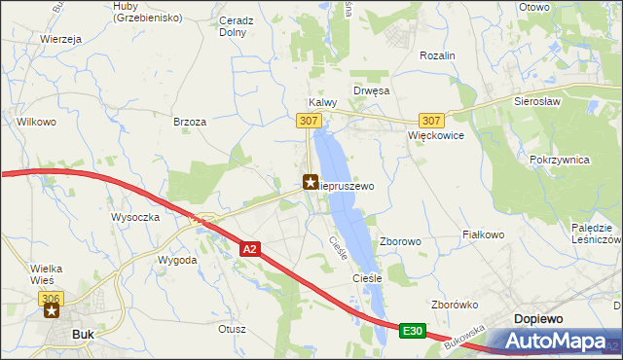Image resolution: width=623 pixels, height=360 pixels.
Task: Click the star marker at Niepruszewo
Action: (x=311, y=181)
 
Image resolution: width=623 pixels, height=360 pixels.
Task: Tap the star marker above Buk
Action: (x=52, y=311)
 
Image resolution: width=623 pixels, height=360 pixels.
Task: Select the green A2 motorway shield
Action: (x=249, y=250)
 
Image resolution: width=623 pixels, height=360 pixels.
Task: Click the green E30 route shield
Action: (x=412, y=333)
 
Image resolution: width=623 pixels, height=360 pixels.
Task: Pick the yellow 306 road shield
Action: (x=52, y=296)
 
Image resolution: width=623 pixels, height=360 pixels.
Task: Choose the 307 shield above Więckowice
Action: (x=433, y=121)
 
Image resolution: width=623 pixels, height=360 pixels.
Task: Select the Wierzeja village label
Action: (x=59, y=39)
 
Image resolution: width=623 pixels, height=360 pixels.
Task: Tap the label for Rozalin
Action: (x=437, y=56)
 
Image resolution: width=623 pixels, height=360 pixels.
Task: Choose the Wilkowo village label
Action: (x=36, y=122)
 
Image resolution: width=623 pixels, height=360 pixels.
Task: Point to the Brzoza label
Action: (x=190, y=122)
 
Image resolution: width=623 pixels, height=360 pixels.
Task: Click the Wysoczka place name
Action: (x=135, y=217)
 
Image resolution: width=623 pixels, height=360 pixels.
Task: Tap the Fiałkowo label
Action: (x=483, y=234)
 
